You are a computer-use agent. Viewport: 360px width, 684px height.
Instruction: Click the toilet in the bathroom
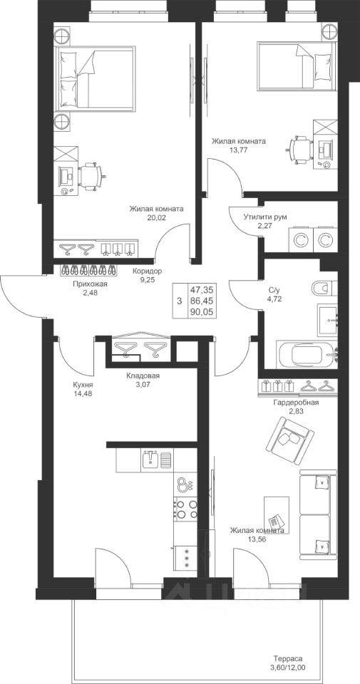pos(324,287)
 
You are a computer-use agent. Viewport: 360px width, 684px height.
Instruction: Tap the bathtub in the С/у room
pos(308,354)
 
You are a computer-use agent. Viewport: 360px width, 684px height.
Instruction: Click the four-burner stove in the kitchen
pos(186,509)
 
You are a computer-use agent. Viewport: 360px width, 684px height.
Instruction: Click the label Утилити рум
pos(265,217)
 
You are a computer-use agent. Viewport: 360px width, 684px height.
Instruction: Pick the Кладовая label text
pos(143,376)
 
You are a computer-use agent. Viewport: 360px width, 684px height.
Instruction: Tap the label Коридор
pos(147,271)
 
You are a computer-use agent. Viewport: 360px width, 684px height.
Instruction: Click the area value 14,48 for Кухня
pos(83,394)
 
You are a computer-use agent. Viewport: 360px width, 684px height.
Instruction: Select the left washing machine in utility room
pos(300,239)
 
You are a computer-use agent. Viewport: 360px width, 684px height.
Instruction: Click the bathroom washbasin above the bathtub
pos(327,319)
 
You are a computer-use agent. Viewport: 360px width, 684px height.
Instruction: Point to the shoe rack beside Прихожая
pos(89,269)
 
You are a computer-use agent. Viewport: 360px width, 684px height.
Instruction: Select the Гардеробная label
pos(296,403)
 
